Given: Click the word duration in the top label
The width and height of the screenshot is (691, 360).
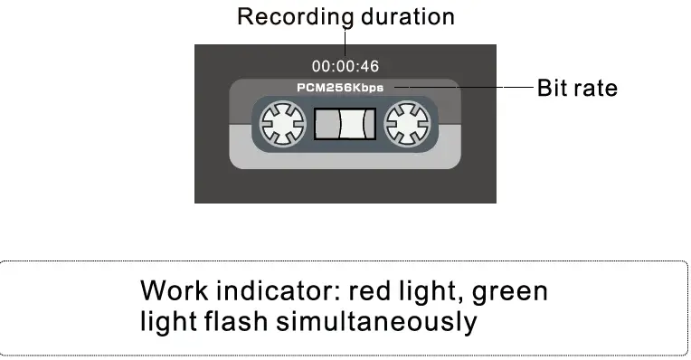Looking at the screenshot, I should pos(408,16).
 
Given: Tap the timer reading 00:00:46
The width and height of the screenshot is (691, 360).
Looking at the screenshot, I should pos(345,66).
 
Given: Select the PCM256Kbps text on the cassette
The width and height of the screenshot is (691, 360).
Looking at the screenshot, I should pos(345,88).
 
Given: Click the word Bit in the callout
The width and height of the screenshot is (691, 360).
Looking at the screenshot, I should pos(553,89).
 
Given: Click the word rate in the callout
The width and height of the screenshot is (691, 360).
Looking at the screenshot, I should pos(597,89).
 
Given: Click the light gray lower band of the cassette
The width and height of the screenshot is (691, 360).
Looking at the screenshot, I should pos(345,156).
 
